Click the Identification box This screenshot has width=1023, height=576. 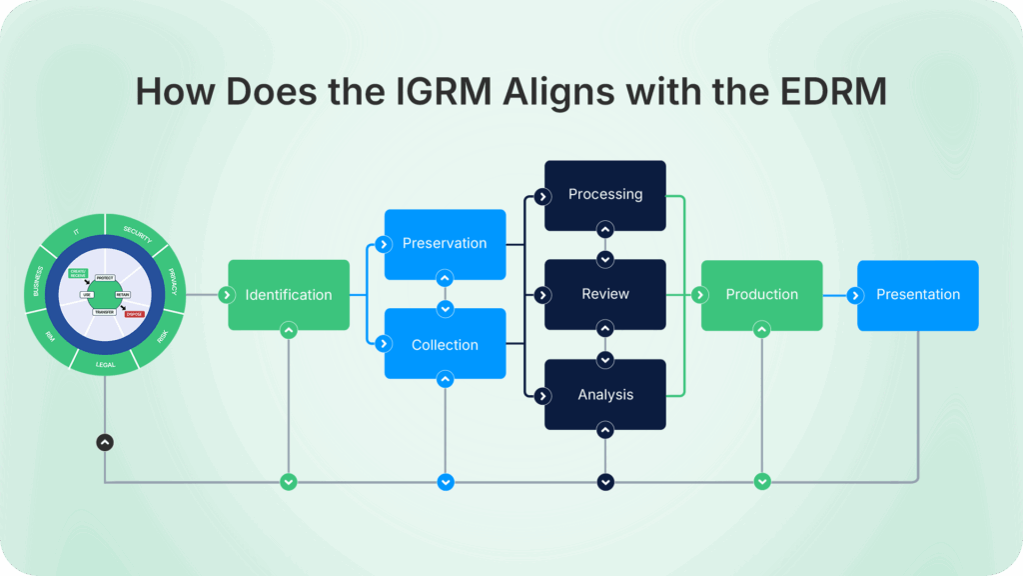click(x=289, y=295)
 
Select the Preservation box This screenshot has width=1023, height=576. click(x=445, y=244)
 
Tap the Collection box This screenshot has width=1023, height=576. click(x=445, y=345)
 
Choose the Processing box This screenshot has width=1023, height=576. click(x=605, y=195)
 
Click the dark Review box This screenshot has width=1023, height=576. click(x=605, y=294)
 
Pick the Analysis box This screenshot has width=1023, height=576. click(x=605, y=395)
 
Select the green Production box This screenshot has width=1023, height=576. click(x=762, y=295)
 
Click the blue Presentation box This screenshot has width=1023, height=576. click(x=918, y=295)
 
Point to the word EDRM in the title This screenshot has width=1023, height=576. click(x=837, y=91)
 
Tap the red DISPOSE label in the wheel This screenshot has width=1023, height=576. click(x=134, y=314)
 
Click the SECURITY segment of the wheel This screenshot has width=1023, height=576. click(x=137, y=231)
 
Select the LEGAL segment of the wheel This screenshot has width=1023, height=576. click(x=105, y=364)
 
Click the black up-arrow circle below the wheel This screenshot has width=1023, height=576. click(x=105, y=442)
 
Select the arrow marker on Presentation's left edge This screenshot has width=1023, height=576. click(x=856, y=295)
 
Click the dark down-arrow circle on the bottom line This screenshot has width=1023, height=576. click(x=605, y=482)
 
